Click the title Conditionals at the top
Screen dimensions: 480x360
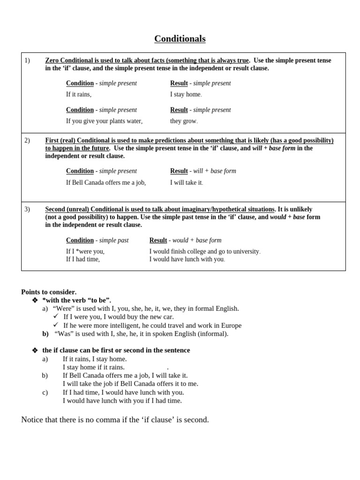coord(180,39)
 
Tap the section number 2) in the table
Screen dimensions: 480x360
coord(27,140)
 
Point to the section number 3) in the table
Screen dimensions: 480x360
coord(27,209)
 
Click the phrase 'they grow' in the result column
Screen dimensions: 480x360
coord(183,121)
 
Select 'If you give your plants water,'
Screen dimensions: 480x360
coord(104,121)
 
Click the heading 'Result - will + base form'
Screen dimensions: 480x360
coord(203,171)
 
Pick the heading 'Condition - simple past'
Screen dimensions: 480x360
coord(97,240)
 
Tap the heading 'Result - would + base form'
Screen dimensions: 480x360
coord(185,240)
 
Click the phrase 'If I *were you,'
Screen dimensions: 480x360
coord(85,251)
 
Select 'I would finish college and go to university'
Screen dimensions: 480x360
coord(204,251)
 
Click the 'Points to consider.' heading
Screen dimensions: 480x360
coord(49,292)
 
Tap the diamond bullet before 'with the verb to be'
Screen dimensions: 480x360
coord(35,300)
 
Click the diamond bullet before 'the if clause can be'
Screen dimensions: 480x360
coord(35,350)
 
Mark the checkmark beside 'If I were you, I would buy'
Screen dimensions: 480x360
coord(56,316)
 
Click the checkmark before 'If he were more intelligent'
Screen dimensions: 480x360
coord(56,325)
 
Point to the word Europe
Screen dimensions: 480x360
coord(231,325)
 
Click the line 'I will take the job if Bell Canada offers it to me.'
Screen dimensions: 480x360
coord(130,383)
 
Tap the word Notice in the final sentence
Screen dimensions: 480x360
coord(33,420)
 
